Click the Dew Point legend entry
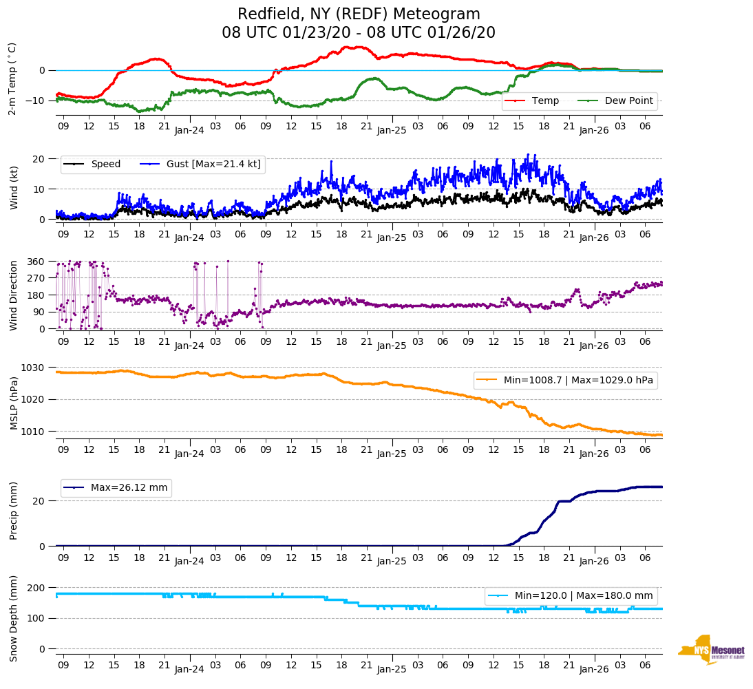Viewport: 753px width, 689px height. (629, 100)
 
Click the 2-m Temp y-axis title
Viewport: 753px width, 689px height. (12, 78)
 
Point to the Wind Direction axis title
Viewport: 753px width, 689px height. (14, 295)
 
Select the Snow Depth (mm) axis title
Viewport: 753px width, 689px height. (14, 617)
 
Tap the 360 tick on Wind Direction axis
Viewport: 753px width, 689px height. (36, 262)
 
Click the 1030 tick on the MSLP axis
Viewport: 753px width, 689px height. (34, 368)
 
